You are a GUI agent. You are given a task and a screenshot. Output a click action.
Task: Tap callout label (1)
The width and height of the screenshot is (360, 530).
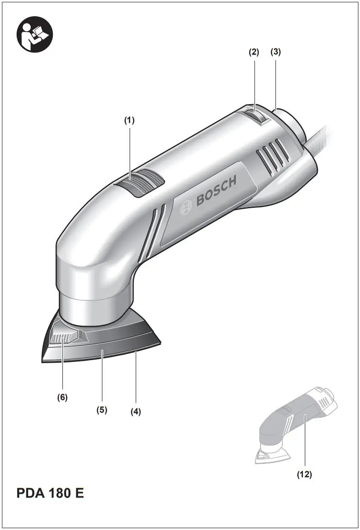129,121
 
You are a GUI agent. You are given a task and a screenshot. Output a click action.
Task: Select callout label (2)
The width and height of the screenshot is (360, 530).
254,52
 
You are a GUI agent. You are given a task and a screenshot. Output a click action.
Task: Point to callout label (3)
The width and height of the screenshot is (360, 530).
276,52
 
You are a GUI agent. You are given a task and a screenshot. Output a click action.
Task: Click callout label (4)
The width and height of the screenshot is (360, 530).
136,412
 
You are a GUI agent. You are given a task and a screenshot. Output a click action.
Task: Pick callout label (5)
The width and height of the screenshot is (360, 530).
102,410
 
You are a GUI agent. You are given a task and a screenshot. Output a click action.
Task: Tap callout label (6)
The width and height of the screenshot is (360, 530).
63,397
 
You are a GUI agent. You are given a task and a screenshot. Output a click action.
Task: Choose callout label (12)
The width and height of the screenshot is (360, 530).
305,475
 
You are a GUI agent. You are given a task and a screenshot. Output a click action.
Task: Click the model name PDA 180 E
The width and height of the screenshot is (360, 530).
50,494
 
